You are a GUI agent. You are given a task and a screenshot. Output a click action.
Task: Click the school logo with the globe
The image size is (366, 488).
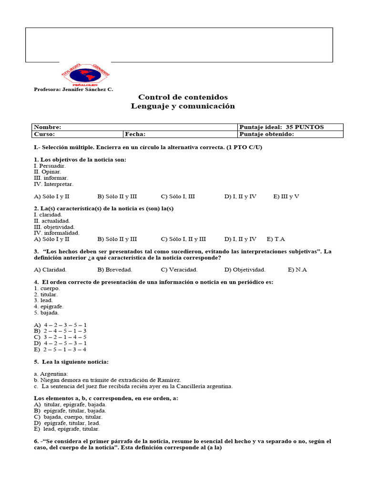(86, 74)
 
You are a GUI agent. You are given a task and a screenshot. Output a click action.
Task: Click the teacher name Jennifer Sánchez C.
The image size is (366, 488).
(73, 89)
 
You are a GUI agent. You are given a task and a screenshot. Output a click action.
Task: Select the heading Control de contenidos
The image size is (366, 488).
(183, 97)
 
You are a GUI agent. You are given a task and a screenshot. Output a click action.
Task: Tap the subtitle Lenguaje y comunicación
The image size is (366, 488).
(183, 106)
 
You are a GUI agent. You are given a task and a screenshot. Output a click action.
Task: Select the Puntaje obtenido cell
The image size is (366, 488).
(290, 134)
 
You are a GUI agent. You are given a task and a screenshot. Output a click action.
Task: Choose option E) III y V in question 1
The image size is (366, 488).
(286, 196)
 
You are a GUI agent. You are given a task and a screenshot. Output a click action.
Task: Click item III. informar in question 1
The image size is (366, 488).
(51, 178)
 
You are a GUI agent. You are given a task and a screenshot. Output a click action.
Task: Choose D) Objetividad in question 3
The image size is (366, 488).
(245, 270)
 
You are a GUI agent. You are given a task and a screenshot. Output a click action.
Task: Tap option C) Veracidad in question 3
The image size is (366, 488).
(179, 270)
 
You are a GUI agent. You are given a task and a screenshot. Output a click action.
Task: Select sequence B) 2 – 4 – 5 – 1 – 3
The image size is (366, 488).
(60, 331)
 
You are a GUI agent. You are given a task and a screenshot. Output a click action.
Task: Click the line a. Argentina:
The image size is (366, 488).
(51, 374)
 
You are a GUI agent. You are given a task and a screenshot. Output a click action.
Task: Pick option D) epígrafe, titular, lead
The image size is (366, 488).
(67, 423)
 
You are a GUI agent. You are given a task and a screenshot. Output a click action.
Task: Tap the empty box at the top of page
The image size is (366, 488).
(179, 45)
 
